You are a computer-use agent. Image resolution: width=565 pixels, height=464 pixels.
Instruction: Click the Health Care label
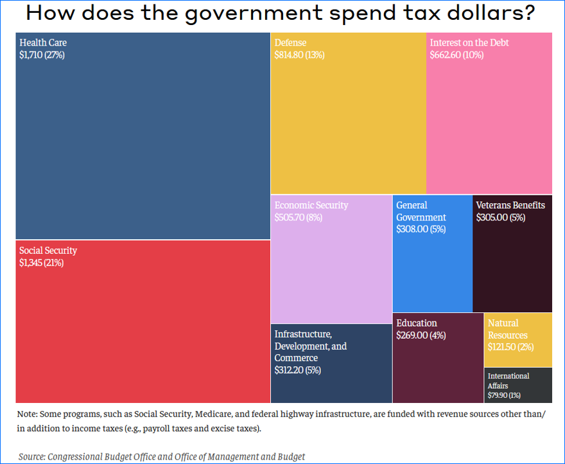coord(42,43)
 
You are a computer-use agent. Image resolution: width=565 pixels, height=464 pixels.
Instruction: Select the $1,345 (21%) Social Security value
coord(41,263)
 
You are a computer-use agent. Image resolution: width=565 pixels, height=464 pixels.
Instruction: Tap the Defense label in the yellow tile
coord(290,43)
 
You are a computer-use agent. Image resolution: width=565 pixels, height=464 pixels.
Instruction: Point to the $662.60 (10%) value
coord(456,55)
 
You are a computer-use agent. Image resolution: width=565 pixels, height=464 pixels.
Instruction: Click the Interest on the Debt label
coord(469,43)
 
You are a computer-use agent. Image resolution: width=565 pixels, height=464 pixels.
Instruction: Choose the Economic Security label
coord(311,206)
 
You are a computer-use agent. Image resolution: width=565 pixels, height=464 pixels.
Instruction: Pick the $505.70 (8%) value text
coord(298,218)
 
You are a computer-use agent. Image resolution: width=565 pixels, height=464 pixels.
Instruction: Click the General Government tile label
coord(421,211)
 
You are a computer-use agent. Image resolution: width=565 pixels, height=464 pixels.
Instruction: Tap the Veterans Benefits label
coord(510,206)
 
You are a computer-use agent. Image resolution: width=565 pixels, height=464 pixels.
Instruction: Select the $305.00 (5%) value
coord(500,218)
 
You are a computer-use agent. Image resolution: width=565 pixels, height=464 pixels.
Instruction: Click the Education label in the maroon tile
coord(416,323)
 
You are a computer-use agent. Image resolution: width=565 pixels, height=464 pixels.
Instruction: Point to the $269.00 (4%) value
coord(421,335)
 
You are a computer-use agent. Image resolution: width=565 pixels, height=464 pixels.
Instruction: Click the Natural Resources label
coord(507,329)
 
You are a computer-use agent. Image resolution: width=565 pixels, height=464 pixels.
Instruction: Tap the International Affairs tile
coord(517,384)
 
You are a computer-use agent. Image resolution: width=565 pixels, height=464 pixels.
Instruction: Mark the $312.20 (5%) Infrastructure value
coord(297,370)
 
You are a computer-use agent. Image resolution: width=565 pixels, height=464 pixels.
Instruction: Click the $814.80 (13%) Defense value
coord(299,55)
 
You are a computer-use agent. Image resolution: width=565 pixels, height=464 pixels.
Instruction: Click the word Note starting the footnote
coord(28,415)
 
